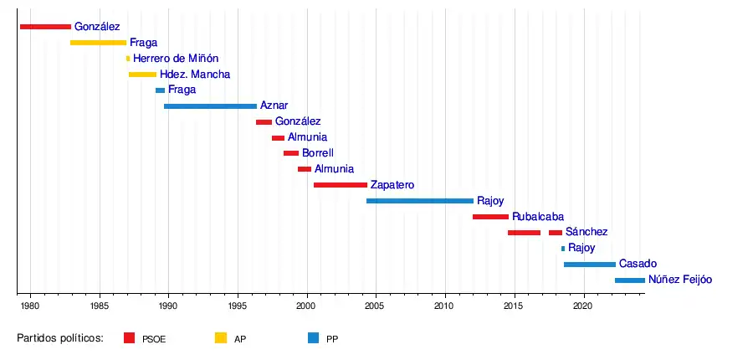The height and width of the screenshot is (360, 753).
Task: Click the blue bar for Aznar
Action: tap(210, 106)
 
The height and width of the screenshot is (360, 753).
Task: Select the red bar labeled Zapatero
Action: tap(340, 185)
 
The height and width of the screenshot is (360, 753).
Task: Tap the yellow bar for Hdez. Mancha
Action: tap(142, 75)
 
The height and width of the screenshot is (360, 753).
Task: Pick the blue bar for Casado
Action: tap(589, 265)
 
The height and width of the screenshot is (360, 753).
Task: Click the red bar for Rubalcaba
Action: tap(490, 217)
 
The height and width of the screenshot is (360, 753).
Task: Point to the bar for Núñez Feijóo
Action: tap(629, 280)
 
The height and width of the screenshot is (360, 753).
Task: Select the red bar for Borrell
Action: tap(290, 153)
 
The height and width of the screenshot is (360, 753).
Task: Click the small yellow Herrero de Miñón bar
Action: tap(128, 59)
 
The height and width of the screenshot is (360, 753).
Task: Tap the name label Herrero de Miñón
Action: tap(176, 59)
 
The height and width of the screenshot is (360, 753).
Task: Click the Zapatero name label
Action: tap(392, 185)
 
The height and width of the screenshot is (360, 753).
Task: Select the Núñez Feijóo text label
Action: tap(679, 280)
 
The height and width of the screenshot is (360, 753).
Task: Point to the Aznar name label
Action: tap(274, 106)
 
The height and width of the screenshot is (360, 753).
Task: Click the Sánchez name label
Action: tap(586, 232)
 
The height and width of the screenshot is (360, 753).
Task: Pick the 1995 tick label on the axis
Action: tap(238, 307)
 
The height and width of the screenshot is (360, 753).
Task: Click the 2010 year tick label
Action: tap(445, 307)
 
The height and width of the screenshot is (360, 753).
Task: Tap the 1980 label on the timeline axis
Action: tap(30, 307)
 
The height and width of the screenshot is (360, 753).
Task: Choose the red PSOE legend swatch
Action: tap(129, 338)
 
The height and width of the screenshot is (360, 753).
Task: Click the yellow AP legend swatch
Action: tap(221, 338)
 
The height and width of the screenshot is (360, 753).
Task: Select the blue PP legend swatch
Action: tap(313, 338)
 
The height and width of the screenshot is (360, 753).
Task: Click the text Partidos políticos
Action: tap(60, 338)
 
